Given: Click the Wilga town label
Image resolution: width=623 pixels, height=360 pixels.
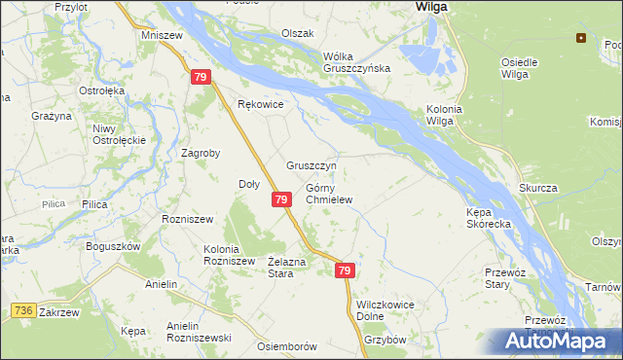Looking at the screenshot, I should (430, 7).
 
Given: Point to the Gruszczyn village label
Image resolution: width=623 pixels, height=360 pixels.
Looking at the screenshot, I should (311, 165).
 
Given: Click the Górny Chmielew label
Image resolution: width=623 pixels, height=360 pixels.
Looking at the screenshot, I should (328, 194).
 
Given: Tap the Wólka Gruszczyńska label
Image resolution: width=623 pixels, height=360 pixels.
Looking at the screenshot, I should (356, 61).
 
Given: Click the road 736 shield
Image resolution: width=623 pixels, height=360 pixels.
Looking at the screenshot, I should (24, 310).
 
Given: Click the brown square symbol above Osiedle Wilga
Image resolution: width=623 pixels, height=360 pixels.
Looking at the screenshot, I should (581, 39).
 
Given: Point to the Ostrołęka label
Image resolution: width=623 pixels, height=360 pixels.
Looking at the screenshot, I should (103, 91).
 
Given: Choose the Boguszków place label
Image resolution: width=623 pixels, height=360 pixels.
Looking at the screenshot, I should (113, 246).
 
